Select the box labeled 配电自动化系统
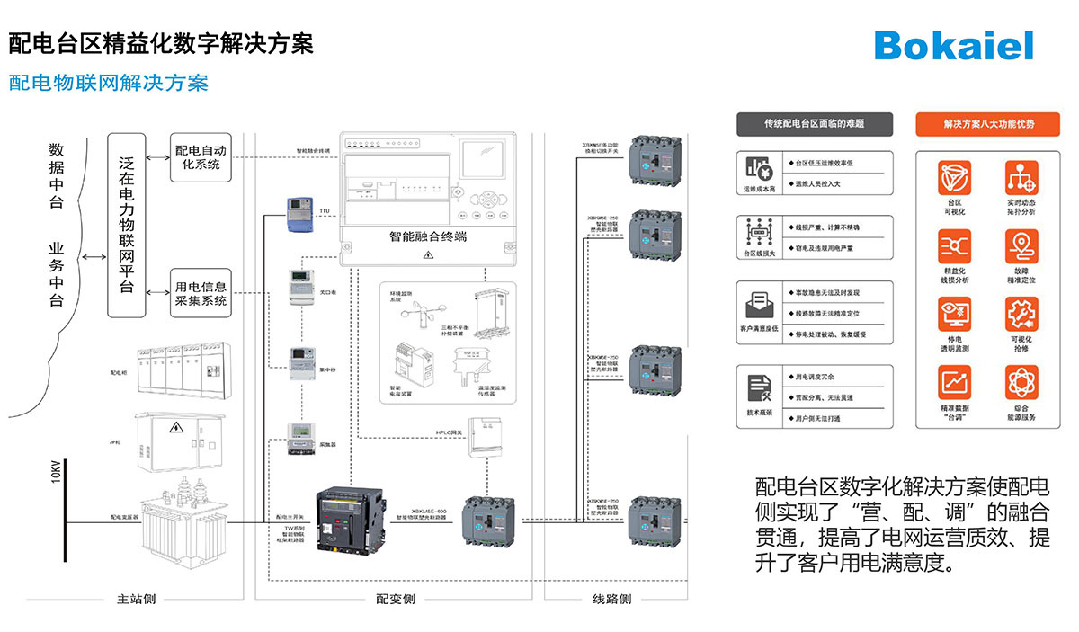tap(200, 157)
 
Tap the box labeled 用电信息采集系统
tap(200, 293)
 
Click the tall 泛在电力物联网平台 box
tap(127, 225)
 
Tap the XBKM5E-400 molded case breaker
tap(491, 522)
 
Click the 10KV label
tap(56, 472)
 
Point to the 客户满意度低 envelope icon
tap(758, 303)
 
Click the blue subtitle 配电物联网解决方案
tap(108, 84)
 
